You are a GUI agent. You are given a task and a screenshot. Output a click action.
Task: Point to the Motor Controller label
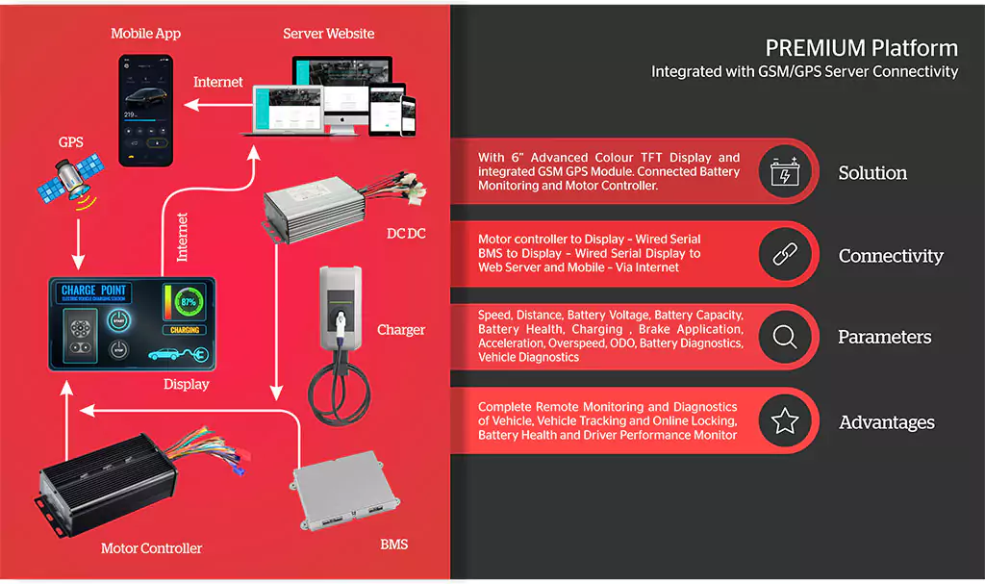click(x=151, y=548)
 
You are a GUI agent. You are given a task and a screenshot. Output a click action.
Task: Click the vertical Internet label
click(x=182, y=237)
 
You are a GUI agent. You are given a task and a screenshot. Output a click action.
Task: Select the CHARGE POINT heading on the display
click(x=93, y=291)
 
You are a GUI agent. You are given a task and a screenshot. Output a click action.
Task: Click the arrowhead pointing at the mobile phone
click(x=191, y=103)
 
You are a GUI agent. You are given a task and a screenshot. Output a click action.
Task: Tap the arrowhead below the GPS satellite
click(x=79, y=261)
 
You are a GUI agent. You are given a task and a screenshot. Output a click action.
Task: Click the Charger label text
click(x=401, y=330)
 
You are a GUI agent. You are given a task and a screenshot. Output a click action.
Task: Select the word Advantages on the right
click(x=886, y=422)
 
